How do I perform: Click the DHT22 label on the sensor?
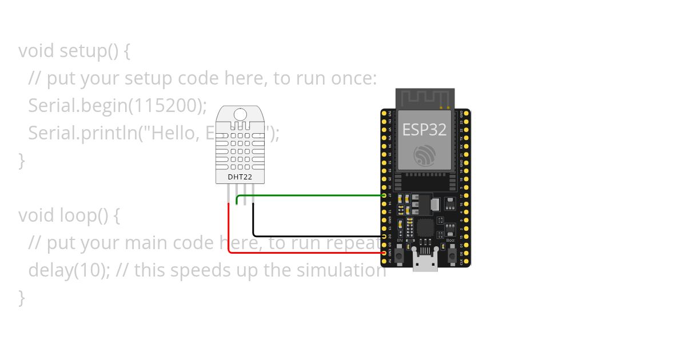tap(240, 177)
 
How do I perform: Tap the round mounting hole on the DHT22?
tap(240, 114)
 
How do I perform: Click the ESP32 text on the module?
tap(424, 129)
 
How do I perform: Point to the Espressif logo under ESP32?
tap(424, 155)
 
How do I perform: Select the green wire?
tap(309, 195)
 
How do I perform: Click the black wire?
tap(314, 236)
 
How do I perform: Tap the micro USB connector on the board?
tap(424, 264)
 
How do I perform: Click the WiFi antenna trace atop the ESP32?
tap(425, 98)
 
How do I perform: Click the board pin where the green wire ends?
tap(384, 195)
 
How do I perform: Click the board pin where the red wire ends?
tap(384, 252)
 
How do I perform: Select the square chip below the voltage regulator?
tap(425, 228)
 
